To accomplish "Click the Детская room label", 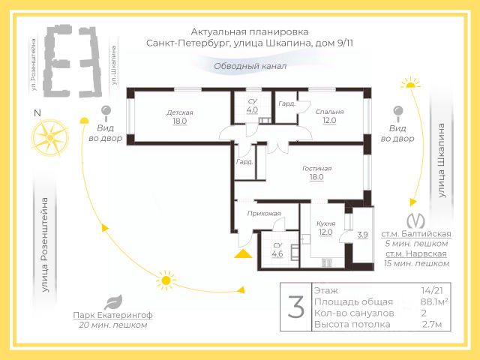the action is point(180,112).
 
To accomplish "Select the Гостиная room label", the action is point(316,169).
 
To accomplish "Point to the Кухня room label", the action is point(325,223).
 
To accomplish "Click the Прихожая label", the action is point(264,213).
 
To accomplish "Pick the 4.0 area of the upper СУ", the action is point(252,109).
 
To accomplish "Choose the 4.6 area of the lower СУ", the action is point(277,253).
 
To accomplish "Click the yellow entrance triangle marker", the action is point(241,254).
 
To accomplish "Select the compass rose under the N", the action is point(49,138).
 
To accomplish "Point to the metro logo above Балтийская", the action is point(415,221).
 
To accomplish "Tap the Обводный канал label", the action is point(250,66).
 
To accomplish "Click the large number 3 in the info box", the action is point(296,307).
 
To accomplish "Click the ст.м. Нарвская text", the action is point(414,253).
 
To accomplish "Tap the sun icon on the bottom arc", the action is point(165,281).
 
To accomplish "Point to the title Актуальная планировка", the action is point(238,31).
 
